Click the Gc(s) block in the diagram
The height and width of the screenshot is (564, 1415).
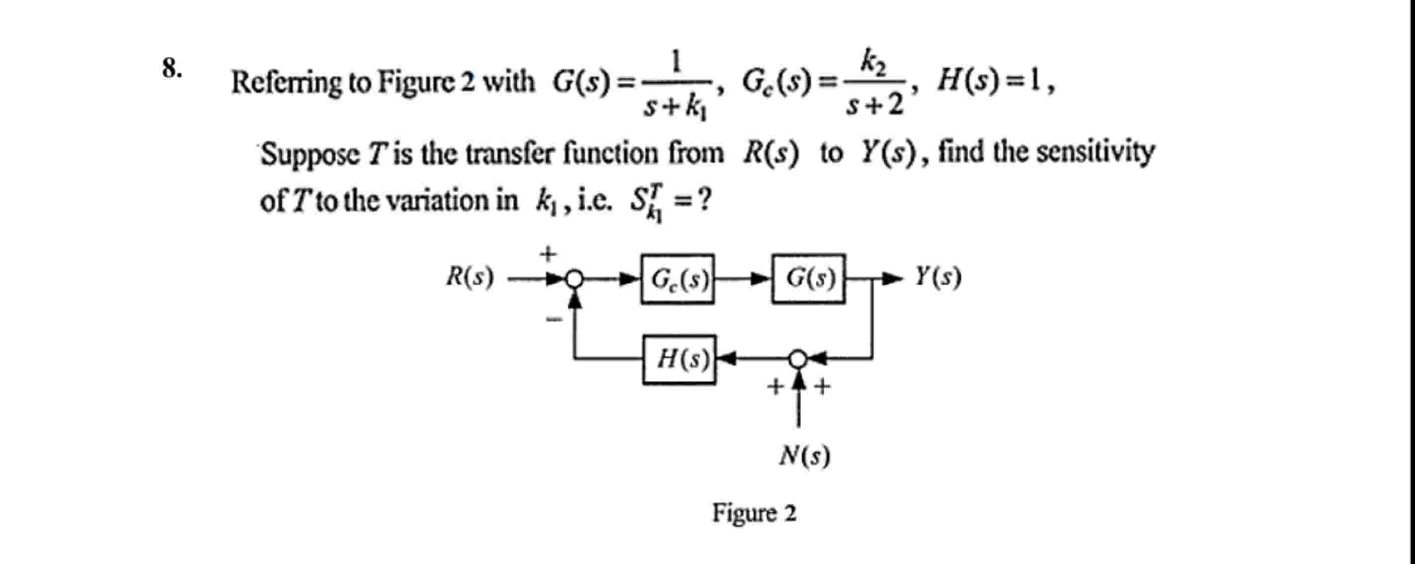(677, 279)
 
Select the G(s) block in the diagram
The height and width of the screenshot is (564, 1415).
(808, 279)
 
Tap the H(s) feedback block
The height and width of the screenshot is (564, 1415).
(680, 359)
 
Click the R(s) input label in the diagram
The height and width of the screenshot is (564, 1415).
(470, 277)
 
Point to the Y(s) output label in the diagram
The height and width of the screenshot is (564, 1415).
(938, 277)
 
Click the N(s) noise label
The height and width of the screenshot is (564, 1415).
(805, 455)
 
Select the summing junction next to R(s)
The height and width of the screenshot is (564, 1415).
(574, 279)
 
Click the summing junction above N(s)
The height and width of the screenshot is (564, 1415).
(798, 359)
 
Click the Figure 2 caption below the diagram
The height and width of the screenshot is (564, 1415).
(754, 513)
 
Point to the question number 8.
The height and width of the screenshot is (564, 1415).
(172, 69)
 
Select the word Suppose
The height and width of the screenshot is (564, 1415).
(310, 154)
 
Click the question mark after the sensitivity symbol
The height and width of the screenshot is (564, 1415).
(705, 200)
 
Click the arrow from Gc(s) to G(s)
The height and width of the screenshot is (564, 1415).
(743, 279)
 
